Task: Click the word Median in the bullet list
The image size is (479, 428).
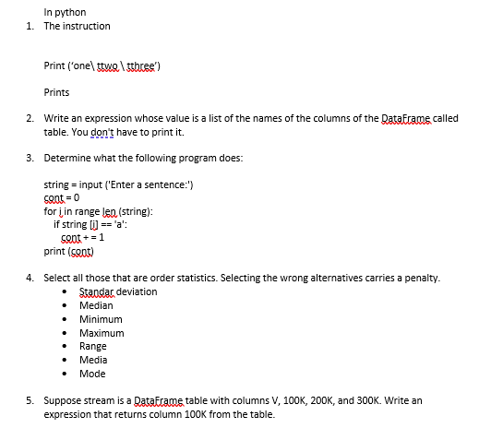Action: click(96, 305)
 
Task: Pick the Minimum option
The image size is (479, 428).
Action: click(101, 319)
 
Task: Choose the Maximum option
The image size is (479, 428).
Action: click(102, 333)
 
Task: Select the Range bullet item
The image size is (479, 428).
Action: click(93, 346)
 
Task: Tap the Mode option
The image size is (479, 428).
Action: click(92, 374)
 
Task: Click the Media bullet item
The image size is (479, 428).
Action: click(93, 360)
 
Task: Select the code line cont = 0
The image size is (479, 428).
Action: click(63, 197)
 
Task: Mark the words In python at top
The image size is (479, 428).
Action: click(65, 12)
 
